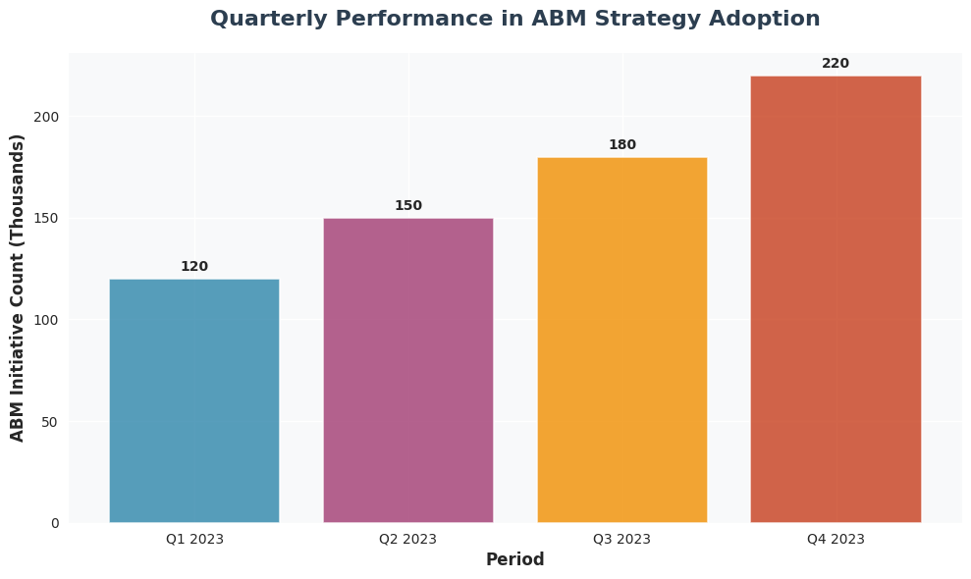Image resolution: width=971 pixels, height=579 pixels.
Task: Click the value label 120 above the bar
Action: point(194,267)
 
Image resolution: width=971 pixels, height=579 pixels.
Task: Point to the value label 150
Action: point(408,206)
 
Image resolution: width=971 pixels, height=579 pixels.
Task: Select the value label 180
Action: point(621,145)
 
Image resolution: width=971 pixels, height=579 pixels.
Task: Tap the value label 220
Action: point(836,64)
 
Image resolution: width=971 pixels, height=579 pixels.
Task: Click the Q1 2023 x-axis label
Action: point(194,539)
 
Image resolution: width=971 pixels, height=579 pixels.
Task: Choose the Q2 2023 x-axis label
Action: point(408,539)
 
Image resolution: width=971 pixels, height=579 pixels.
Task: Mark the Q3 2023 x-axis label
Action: point(621,539)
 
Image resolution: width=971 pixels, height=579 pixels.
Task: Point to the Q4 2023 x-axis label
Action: point(836,539)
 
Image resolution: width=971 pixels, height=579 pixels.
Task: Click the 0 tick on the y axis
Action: point(55,523)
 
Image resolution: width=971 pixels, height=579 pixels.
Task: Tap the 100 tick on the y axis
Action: point(47,320)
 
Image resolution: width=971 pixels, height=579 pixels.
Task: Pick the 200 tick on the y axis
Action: point(47,117)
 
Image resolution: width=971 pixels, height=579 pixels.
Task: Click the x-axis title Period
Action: point(514,560)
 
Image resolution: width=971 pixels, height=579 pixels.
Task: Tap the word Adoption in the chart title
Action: point(771,20)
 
